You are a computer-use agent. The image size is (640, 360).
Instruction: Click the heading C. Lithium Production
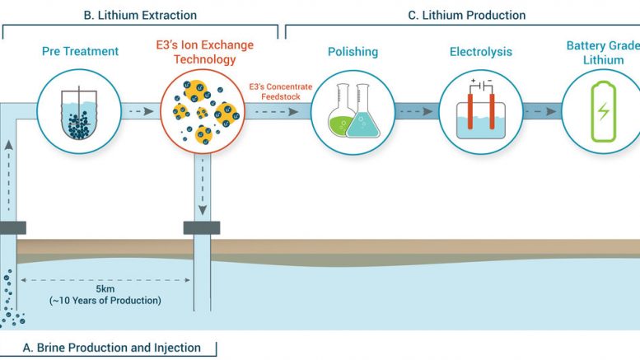[467, 15]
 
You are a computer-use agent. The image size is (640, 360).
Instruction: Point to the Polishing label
[353, 52]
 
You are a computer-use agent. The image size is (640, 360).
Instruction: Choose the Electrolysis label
[479, 52]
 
